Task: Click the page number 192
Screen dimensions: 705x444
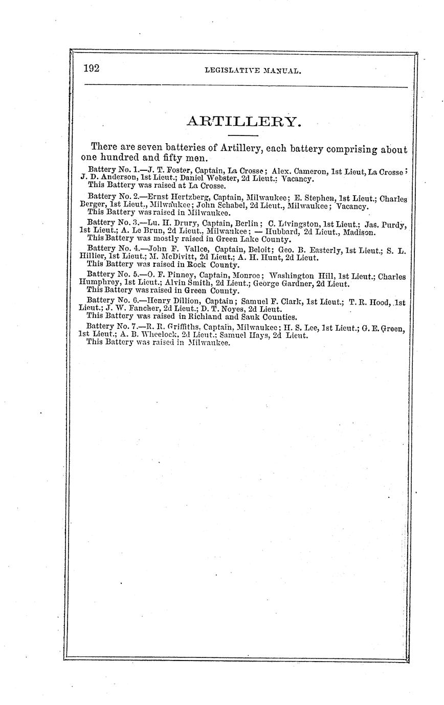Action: pyautogui.click(x=92, y=69)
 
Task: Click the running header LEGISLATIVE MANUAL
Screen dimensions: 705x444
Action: pyautogui.click(x=253, y=71)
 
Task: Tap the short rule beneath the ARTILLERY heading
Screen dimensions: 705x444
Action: pyautogui.click(x=243, y=135)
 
